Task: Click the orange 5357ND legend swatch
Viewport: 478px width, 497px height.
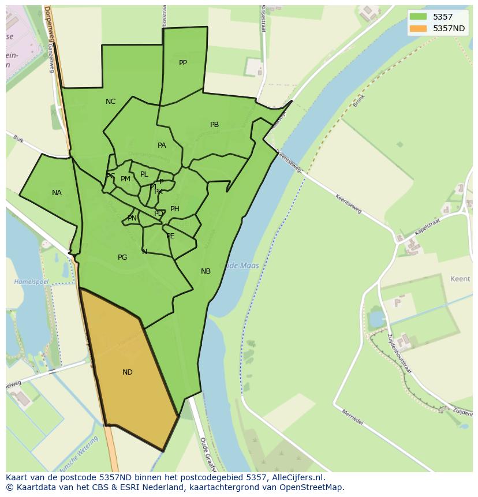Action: tap(419, 28)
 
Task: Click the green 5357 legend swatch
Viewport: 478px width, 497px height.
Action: tap(419, 17)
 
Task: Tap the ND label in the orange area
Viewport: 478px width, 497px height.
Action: tap(128, 372)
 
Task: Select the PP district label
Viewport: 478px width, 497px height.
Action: tap(183, 63)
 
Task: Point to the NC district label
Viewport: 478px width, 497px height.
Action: tap(110, 102)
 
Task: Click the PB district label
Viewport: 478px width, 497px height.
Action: tap(214, 125)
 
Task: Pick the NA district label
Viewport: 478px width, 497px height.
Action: tap(57, 193)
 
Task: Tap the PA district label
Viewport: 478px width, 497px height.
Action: tap(162, 145)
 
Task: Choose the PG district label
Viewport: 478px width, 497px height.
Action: tap(122, 257)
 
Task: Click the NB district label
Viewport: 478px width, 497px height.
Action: tap(206, 271)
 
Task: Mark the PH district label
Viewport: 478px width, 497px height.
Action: tap(175, 209)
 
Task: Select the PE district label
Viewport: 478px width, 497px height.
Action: tap(170, 236)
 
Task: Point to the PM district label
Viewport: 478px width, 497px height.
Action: tap(125, 179)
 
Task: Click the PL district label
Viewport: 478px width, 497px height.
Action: tap(144, 174)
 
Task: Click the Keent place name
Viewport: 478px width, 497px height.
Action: tap(460, 279)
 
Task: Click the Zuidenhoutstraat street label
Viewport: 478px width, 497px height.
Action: tap(399, 353)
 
